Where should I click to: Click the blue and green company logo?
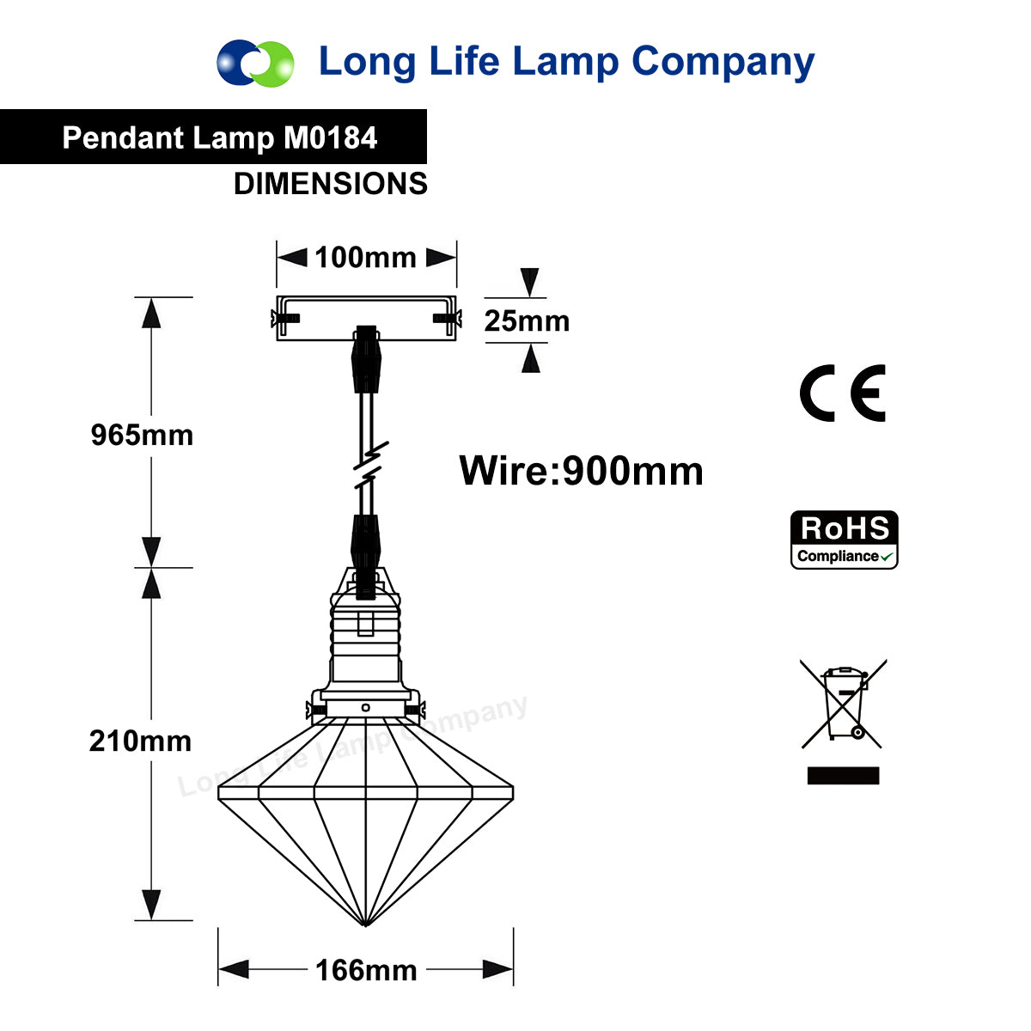[x=255, y=63]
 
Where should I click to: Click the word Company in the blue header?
[x=723, y=63]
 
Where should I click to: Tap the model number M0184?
[x=330, y=137]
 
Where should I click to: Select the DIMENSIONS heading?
[x=331, y=184]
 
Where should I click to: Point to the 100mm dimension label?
[x=366, y=258]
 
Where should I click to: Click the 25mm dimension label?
[x=527, y=321]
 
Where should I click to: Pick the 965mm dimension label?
[x=142, y=435]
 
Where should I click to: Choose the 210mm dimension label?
[x=140, y=741]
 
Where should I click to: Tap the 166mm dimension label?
[x=366, y=970]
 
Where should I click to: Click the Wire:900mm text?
[x=581, y=471]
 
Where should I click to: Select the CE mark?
[x=843, y=393]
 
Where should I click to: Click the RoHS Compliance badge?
[x=845, y=540]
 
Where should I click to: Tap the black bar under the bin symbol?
[x=843, y=775]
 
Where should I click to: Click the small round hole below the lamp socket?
[x=365, y=708]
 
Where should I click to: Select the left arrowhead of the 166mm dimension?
[x=234, y=969]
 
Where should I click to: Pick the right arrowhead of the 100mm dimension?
[x=441, y=258]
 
